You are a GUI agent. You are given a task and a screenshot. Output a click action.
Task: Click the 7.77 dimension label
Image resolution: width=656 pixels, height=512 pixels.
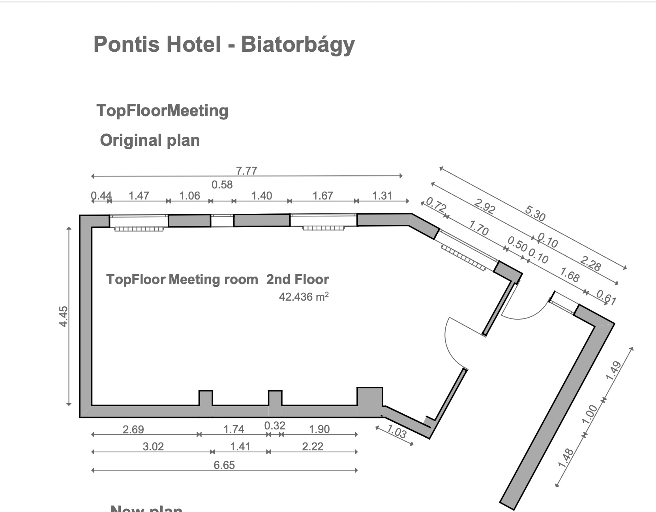coord(246,171)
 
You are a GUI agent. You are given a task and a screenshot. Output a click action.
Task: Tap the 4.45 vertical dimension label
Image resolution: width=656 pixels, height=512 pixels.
coord(64,316)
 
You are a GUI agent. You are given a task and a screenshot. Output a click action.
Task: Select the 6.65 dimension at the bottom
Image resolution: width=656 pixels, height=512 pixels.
coord(224,465)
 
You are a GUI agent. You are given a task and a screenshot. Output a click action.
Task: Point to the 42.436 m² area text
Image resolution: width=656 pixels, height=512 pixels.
coord(304,297)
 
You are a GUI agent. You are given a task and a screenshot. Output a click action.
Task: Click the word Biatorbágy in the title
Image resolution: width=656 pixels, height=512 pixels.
coord(298,45)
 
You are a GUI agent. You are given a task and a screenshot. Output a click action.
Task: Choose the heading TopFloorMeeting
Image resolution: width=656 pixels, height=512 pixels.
coord(162,111)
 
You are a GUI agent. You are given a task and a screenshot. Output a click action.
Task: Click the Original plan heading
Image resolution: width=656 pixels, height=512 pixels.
coord(150,141)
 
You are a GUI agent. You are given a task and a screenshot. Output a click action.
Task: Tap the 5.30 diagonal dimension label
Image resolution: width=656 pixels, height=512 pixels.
coord(535,213)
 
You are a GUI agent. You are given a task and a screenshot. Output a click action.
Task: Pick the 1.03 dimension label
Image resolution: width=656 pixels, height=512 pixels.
coord(397,431)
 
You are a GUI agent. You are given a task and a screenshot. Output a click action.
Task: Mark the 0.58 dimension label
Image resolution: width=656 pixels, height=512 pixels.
coord(222,184)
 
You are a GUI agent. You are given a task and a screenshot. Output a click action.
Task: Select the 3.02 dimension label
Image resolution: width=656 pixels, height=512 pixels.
coord(153,446)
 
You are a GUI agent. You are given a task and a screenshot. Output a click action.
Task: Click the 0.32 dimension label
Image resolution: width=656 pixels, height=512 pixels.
coord(275,425)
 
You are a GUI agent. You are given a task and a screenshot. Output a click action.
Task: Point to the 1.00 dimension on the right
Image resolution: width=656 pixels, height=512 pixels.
coord(589,414)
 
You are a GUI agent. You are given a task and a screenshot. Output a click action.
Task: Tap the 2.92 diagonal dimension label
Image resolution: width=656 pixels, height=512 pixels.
coord(485,206)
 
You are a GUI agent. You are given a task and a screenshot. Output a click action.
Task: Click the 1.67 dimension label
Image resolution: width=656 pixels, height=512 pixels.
coord(323,196)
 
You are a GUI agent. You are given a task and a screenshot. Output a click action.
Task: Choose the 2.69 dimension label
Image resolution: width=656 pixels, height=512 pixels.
coord(133,429)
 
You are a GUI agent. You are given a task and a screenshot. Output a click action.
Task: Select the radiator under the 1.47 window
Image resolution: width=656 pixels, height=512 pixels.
coord(139,229)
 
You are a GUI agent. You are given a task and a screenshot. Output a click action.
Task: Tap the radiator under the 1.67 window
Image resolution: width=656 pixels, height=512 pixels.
coord(324,228)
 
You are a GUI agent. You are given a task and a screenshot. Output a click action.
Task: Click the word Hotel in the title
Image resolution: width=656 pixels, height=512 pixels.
coord(193,44)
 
